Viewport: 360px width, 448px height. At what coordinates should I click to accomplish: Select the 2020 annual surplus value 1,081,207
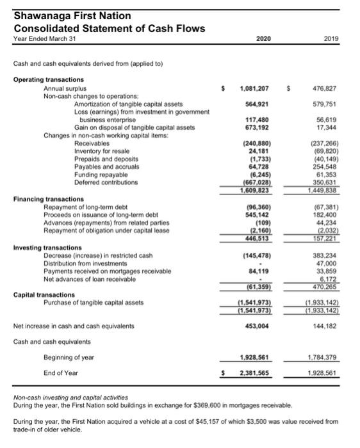tap(254, 88)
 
